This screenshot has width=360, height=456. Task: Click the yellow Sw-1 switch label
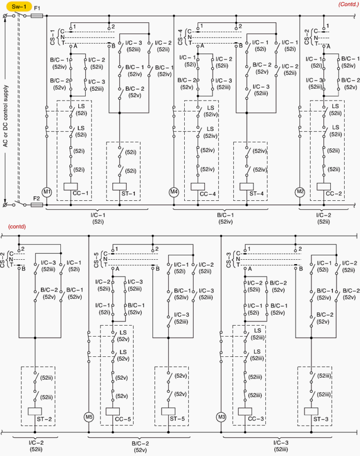(19, 6)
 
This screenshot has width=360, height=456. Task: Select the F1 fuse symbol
(37, 16)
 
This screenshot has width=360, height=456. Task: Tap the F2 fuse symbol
(37, 205)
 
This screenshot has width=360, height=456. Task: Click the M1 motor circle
(47, 192)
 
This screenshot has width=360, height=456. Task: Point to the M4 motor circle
(174, 192)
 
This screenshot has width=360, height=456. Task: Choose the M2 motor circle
(300, 192)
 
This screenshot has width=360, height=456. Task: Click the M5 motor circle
(89, 417)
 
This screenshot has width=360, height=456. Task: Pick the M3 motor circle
(221, 417)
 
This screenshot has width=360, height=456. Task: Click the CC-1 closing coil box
(71, 187)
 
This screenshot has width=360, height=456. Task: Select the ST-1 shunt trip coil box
(119, 187)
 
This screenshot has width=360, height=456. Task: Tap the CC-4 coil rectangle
(198, 187)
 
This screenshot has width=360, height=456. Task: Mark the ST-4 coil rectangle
(247, 187)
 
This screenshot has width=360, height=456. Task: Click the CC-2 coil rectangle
(323, 187)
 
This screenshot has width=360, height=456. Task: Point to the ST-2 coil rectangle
(35, 411)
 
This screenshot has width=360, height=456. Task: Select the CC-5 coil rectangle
(113, 411)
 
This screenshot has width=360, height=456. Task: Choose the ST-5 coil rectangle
(168, 411)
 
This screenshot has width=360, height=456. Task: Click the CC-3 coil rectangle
(245, 411)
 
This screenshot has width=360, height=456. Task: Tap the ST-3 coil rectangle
(311, 411)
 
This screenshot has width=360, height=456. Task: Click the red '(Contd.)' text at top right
(349, 4)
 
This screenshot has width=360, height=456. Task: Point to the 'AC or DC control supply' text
(5, 116)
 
